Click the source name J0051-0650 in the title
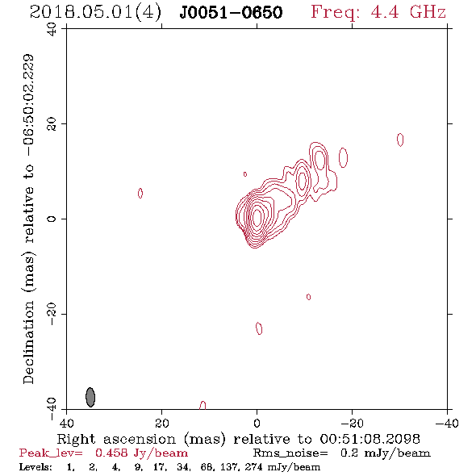(x=231, y=13)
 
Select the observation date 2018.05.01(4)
(x=95, y=13)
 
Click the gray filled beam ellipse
(x=90, y=397)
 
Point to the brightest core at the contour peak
(x=257, y=218)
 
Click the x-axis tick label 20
(x=162, y=423)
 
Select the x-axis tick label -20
(x=352, y=423)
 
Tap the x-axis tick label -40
(x=447, y=423)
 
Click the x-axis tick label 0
(x=257, y=423)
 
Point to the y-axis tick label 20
(x=52, y=124)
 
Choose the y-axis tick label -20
(x=52, y=314)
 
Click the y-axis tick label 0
(x=52, y=219)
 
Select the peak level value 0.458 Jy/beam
(x=141, y=453)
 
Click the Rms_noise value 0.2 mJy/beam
(x=385, y=453)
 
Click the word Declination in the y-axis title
(x=28, y=342)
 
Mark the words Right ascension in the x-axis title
(x=116, y=439)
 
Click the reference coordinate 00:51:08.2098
(x=370, y=439)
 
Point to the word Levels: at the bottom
(x=35, y=466)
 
